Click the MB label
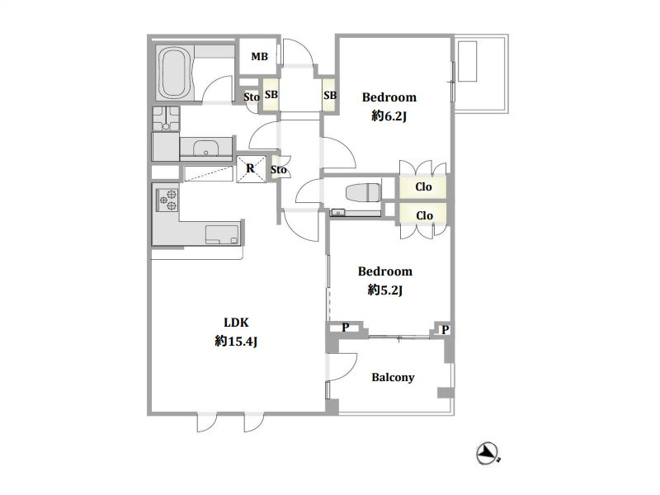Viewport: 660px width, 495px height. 259,56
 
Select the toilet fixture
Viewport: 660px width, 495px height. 364,193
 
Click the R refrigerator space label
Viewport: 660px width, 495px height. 251,168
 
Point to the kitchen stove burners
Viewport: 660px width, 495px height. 167,200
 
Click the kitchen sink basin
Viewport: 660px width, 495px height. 222,234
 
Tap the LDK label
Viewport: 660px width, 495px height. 236,323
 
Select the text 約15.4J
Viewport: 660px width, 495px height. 236,341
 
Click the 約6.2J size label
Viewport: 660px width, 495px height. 389,115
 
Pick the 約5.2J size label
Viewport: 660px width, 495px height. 385,290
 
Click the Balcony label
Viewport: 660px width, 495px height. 393,378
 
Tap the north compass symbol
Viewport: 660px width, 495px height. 488,453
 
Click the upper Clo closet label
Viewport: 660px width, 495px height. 423,186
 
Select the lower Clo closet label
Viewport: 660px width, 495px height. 424,215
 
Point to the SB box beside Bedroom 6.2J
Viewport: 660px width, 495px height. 329,96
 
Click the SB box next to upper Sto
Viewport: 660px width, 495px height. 271,95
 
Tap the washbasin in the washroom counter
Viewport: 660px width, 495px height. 205,148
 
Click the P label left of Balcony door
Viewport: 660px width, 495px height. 345,327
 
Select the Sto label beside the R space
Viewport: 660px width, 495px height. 278,170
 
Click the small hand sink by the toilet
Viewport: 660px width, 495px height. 338,213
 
